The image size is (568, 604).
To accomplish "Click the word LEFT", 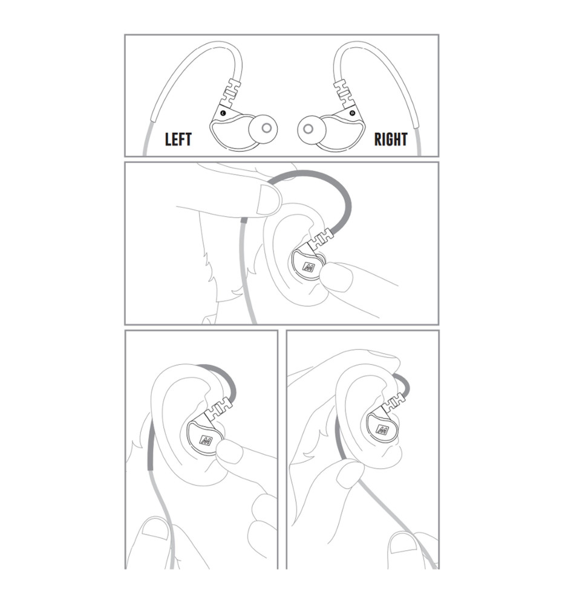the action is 178,139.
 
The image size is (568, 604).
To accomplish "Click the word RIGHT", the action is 391,139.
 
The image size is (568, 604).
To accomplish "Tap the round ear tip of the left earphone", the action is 263,128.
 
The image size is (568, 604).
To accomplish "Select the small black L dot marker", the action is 223,113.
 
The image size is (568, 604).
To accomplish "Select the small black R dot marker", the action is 351,113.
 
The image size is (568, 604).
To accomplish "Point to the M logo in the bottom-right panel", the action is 382,429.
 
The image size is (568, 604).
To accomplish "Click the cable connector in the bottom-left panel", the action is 219,410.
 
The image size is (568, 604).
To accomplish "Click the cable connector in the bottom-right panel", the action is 395,402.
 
